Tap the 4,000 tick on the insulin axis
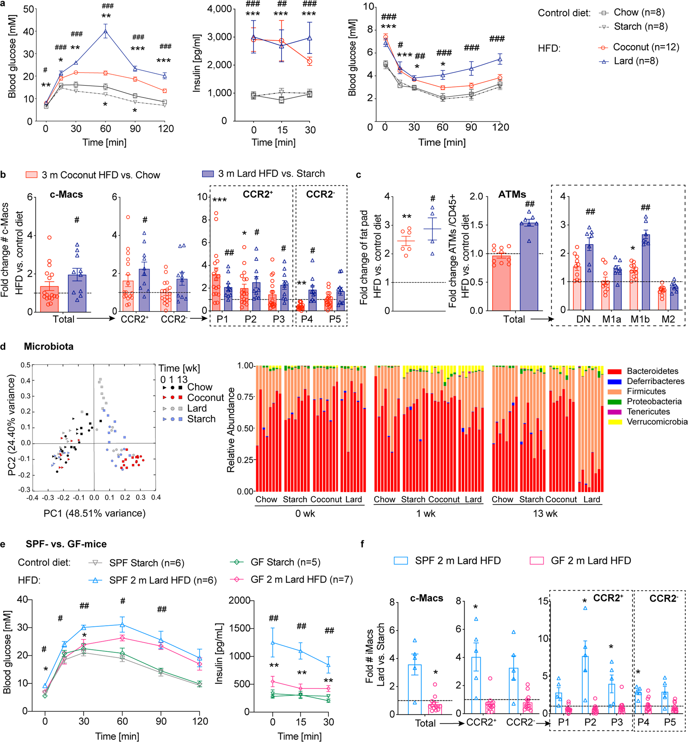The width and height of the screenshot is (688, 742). (x=220, y=9)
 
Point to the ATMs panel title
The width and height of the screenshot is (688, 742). (x=512, y=194)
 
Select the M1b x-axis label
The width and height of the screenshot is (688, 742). (x=640, y=319)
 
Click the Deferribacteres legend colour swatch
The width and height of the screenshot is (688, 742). (x=614, y=381)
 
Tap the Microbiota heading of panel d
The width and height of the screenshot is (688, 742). (x=48, y=347)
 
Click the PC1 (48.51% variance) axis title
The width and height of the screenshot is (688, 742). (x=94, y=513)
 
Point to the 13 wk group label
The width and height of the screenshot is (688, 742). (x=545, y=514)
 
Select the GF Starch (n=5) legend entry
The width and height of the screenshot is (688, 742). (x=285, y=562)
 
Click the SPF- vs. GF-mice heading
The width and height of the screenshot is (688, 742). (x=66, y=544)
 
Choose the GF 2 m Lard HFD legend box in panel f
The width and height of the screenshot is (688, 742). (x=536, y=561)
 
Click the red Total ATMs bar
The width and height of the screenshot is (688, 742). (x=501, y=283)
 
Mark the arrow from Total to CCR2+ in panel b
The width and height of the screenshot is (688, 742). (x=96, y=319)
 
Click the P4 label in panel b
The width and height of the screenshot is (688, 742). (x=307, y=319)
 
